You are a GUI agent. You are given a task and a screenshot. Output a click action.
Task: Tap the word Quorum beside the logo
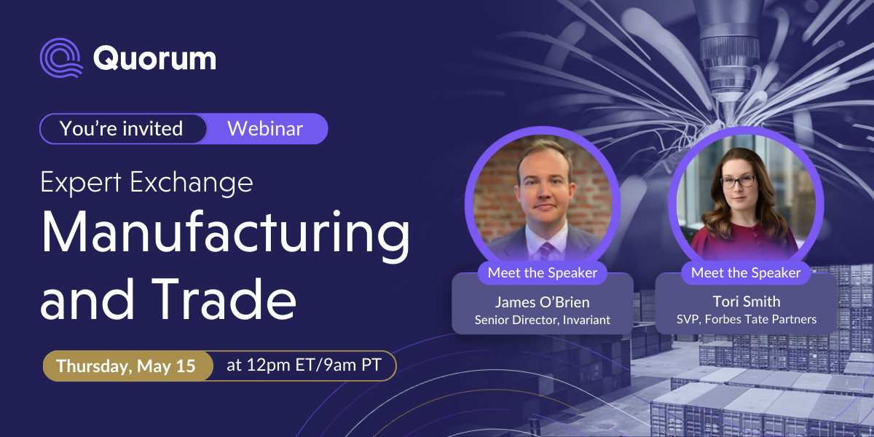154,58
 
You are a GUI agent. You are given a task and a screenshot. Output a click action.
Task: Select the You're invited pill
122,129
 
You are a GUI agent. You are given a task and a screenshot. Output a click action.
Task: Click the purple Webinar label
265,129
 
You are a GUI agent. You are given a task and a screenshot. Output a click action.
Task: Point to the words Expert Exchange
146,181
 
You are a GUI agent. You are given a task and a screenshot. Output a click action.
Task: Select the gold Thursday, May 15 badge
127,366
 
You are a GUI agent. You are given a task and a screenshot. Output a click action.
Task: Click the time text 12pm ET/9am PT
304,366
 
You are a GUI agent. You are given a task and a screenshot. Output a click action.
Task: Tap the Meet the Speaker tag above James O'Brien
543,273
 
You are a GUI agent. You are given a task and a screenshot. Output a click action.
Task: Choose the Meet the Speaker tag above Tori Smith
746,273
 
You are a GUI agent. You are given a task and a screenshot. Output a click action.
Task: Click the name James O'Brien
543,302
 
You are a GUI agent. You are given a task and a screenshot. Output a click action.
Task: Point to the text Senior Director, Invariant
543,319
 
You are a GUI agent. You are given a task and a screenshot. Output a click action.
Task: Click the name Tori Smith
746,302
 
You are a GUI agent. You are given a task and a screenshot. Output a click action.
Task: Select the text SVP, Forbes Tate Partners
746,319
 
